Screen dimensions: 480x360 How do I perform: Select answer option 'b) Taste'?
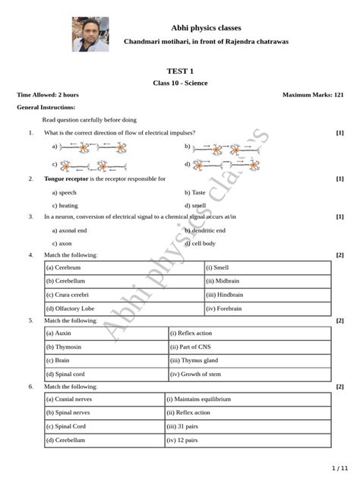coord(195,192)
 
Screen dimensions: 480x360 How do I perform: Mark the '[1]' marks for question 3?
coord(339,216)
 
